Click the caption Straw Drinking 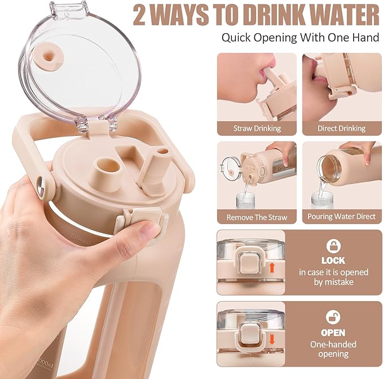click(257, 129)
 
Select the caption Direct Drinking click(341, 129)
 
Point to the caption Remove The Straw click(257, 217)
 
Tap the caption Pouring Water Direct click(341, 217)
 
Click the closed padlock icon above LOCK click(333, 246)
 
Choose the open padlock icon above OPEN click(333, 318)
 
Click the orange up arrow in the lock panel click(272, 268)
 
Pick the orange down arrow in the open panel click(272, 340)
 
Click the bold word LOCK click(333, 261)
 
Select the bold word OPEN click(333, 333)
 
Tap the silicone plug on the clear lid click(50, 58)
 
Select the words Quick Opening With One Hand click(300, 38)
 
